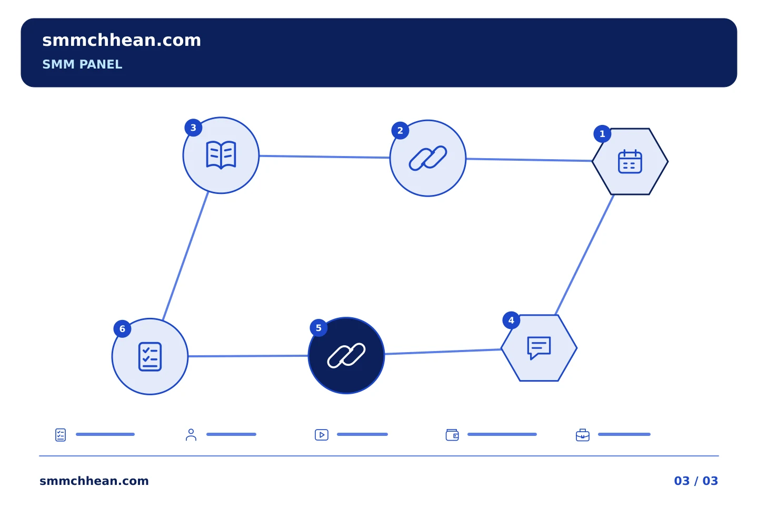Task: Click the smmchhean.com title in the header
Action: pyautogui.click(x=122, y=41)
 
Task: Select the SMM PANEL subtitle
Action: pyautogui.click(x=82, y=64)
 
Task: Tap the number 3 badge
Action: pyautogui.click(x=193, y=128)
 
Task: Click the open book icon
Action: pyautogui.click(x=221, y=155)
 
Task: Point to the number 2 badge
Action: pyautogui.click(x=400, y=131)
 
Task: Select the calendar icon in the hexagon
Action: pyautogui.click(x=630, y=162)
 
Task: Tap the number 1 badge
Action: pyautogui.click(x=602, y=134)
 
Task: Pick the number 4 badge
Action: pyautogui.click(x=511, y=320)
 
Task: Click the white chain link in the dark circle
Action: pyautogui.click(x=346, y=356)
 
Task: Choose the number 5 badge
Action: pyautogui.click(x=318, y=328)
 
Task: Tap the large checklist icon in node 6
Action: pyautogui.click(x=150, y=356)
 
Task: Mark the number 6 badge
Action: pyautogui.click(x=122, y=329)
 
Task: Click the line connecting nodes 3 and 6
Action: pyautogui.click(x=185, y=256)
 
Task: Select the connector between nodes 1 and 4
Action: pyautogui.click(x=584, y=255)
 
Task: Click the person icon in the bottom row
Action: pyautogui.click(x=191, y=434)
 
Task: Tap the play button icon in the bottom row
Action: pyautogui.click(x=322, y=435)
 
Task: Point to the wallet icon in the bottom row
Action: pyautogui.click(x=452, y=435)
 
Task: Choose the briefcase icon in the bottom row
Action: pyautogui.click(x=583, y=435)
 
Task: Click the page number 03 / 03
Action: pyautogui.click(x=696, y=481)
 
